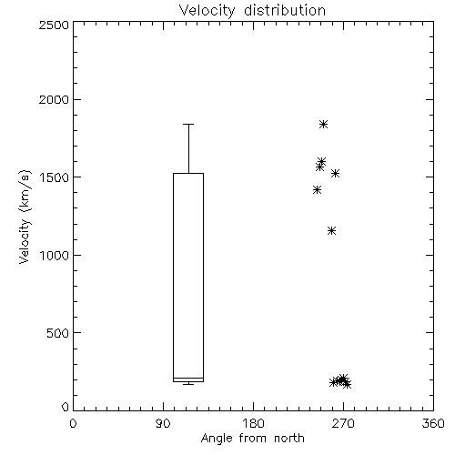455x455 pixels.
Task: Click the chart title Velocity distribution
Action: [252, 10]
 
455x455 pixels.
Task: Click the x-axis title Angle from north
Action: [252, 439]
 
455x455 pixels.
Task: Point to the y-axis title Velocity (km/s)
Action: [25, 217]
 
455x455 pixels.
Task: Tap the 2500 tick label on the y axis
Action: [54, 25]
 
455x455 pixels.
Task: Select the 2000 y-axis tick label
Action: [54, 99]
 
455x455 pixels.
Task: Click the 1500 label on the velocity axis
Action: [55, 177]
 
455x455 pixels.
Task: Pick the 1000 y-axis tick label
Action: [55, 255]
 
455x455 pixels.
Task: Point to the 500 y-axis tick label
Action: [58, 333]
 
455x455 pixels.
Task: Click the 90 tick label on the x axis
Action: [163, 423]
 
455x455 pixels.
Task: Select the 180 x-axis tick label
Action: [253, 423]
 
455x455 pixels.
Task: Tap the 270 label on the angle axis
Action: [343, 423]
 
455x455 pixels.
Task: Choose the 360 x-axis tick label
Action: [433, 423]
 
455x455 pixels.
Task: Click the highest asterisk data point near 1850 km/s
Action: [323, 124]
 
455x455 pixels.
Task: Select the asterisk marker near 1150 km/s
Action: [332, 231]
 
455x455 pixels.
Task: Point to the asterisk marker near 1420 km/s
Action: [317, 190]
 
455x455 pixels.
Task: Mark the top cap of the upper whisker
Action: [188, 124]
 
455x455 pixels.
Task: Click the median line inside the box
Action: [188, 378]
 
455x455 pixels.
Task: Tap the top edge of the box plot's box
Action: [188, 174]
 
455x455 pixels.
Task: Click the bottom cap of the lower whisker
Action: [188, 384]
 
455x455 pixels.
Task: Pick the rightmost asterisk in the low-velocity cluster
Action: [347, 385]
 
